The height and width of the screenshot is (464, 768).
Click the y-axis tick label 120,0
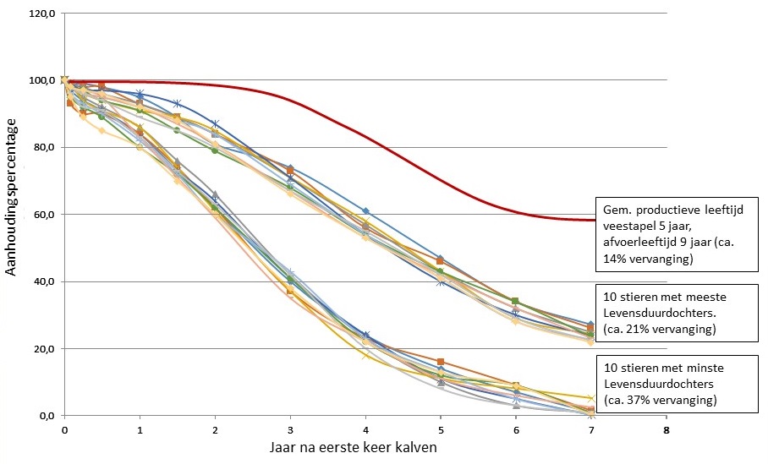point(42,14)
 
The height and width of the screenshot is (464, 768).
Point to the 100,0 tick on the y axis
point(42,80)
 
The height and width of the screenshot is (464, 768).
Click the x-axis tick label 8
point(667,429)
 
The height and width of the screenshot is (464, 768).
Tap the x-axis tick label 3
point(290,429)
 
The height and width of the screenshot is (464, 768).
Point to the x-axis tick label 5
point(441,429)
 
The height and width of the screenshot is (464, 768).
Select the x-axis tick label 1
point(140,429)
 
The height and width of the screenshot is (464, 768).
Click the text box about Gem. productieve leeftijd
point(675,234)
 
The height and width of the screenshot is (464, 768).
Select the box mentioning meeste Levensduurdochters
point(675,312)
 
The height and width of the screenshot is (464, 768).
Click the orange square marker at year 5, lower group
point(441,362)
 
